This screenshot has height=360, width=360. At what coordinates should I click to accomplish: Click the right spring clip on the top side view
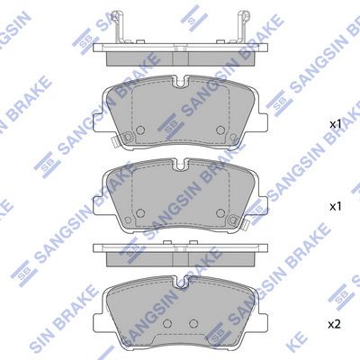point(243,27)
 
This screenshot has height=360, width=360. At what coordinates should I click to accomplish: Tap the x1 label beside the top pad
point(335,124)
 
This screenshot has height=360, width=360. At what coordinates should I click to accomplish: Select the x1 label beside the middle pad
point(335,206)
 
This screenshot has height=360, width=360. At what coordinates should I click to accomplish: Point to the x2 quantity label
point(335,325)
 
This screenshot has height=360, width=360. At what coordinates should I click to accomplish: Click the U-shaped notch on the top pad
point(180,82)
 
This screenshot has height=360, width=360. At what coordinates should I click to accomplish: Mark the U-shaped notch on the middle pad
point(180,165)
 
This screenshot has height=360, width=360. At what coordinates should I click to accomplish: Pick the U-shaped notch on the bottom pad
point(180,283)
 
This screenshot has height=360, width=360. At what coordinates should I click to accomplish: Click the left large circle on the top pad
point(140,130)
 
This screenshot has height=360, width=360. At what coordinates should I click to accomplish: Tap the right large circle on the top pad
point(220,130)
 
